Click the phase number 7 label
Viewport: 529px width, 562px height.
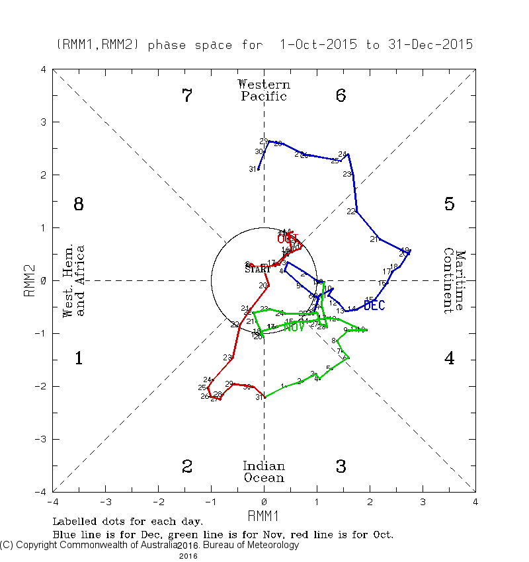187,96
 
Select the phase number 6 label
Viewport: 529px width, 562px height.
341,96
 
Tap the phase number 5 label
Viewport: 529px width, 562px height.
449,204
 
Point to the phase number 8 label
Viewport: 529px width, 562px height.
78,204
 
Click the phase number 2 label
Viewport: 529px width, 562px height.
187,467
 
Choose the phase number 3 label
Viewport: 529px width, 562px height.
341,467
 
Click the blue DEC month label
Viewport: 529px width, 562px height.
374,305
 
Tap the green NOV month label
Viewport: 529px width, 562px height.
294,326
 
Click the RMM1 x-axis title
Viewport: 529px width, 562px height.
264,515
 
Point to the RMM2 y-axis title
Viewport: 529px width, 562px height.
30,281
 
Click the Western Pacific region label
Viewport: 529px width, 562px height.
264,91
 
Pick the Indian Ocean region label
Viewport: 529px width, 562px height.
264,472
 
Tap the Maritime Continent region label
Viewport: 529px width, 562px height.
455,281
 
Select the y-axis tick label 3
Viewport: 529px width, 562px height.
42,122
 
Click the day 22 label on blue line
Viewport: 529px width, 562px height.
351,212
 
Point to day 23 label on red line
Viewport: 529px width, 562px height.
227,358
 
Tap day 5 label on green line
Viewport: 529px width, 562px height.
328,368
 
